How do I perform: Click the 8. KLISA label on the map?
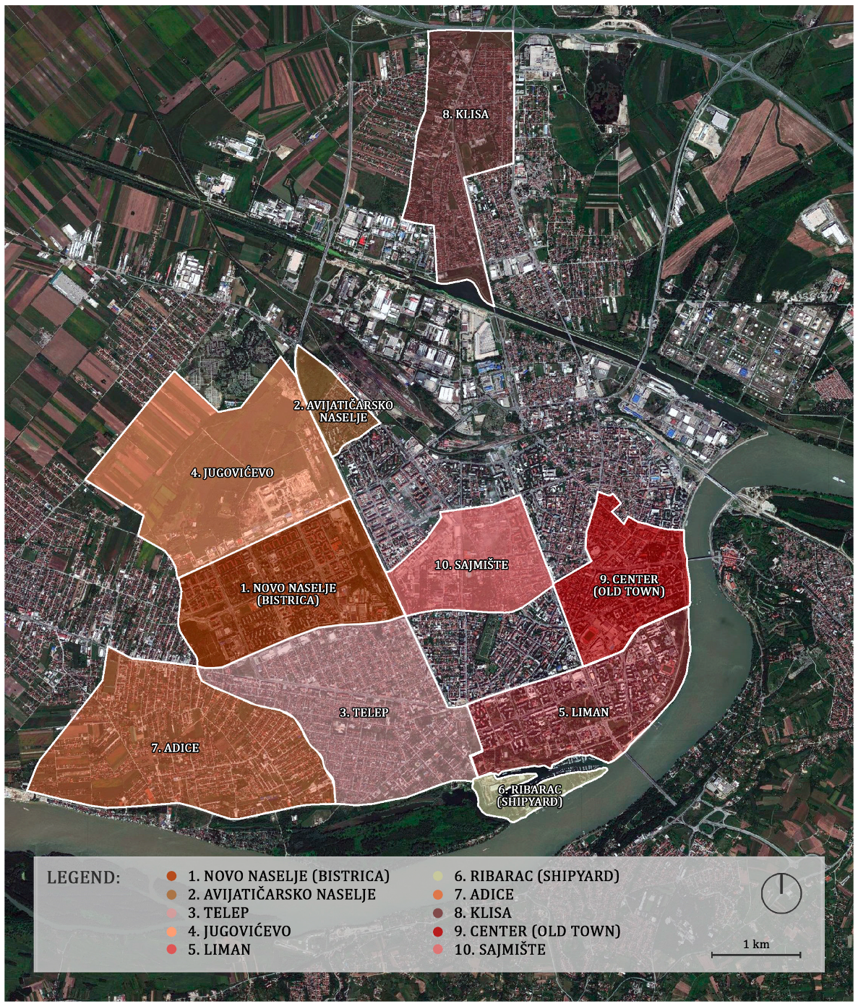(466, 114)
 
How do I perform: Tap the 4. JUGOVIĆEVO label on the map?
(232, 473)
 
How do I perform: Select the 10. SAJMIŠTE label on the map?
(471, 564)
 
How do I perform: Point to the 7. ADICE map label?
(175, 748)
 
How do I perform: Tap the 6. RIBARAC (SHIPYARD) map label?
(530, 796)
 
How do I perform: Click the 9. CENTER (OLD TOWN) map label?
(629, 585)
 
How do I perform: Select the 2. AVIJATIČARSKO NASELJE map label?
(343, 411)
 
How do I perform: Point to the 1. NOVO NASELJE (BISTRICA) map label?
(288, 594)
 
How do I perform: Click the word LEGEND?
(83, 878)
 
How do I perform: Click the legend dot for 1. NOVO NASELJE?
(171, 877)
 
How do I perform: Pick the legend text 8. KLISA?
(482, 913)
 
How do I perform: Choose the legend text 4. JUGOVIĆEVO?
(239, 932)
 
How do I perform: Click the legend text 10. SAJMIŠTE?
(499, 950)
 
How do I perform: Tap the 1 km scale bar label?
(756, 944)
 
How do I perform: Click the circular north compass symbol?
(781, 893)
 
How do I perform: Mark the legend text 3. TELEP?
(218, 913)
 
